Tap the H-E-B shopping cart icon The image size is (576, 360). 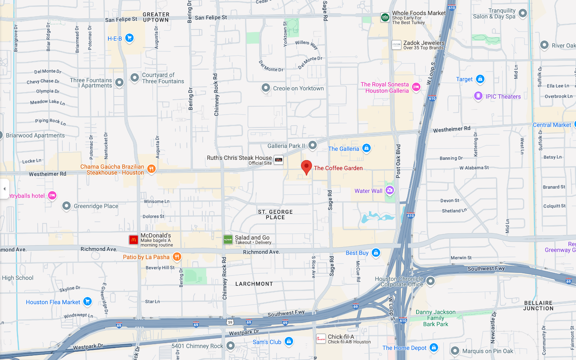pyautogui.click(x=129, y=38)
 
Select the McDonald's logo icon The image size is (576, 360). pyautogui.click(x=134, y=240)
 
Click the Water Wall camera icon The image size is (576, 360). pyautogui.click(x=390, y=190)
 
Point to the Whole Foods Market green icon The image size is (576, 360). pyautogui.click(x=385, y=17)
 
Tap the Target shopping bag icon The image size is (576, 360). pyautogui.click(x=480, y=79)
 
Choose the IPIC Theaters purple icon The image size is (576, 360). pyautogui.click(x=478, y=96)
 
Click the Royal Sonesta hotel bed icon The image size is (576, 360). pyautogui.click(x=416, y=87)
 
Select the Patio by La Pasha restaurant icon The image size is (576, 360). pyautogui.click(x=177, y=257)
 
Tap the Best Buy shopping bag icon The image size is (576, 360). pyautogui.click(x=376, y=253)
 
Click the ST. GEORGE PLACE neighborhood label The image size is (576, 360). pyautogui.click(x=275, y=215)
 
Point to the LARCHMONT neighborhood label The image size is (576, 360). pyautogui.click(x=254, y=284)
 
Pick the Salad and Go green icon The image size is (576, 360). pyautogui.click(x=228, y=240)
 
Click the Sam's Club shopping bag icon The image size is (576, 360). pyautogui.click(x=289, y=341)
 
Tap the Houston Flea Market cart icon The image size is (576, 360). pyautogui.click(x=87, y=301)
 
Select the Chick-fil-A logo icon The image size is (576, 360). pyautogui.click(x=321, y=339)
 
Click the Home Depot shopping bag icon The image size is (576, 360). pyautogui.click(x=434, y=347)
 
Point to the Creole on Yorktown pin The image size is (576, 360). pyautogui.click(x=266, y=88)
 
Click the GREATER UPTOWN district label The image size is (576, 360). pyautogui.click(x=156, y=17)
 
